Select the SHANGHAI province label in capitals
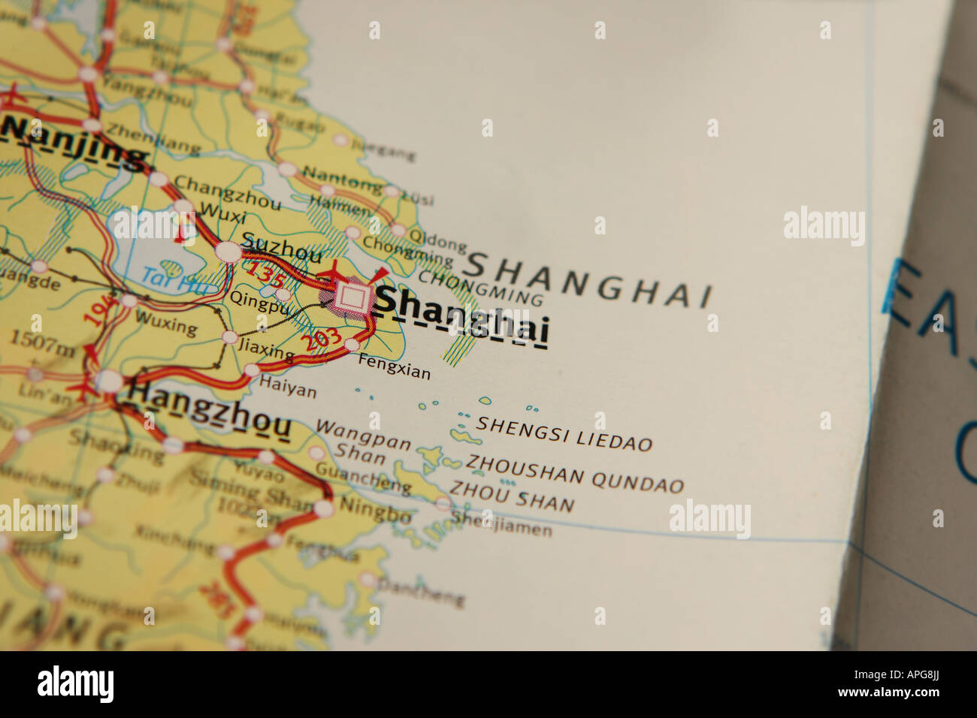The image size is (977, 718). click(588, 279)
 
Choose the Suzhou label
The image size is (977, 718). click(282, 247)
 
